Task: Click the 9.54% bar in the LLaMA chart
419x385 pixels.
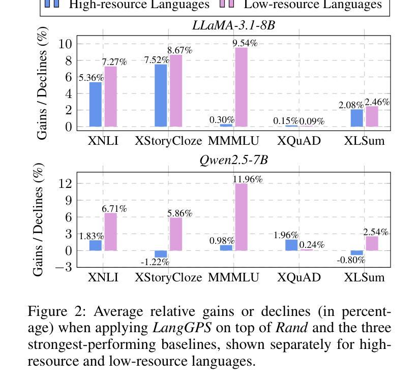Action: [241, 87]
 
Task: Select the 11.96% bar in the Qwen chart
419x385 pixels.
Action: [241, 217]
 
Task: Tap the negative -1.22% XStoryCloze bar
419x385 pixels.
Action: [161, 254]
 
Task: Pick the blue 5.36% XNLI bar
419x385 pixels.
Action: [96, 104]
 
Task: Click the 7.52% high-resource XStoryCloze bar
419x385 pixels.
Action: [161, 95]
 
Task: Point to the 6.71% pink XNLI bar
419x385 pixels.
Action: [110, 232]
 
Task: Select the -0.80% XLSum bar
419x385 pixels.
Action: [357, 253]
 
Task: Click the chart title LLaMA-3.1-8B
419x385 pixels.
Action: [233, 25]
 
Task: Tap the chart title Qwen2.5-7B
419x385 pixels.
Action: [233, 160]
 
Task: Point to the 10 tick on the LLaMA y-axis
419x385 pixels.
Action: [65, 44]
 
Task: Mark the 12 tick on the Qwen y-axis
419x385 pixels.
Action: [65, 183]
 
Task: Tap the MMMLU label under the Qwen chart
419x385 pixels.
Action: [233, 277]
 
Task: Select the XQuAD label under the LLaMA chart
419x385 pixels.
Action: [299, 141]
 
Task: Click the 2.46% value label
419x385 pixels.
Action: [377, 102]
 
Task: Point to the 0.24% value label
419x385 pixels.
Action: [312, 245]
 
